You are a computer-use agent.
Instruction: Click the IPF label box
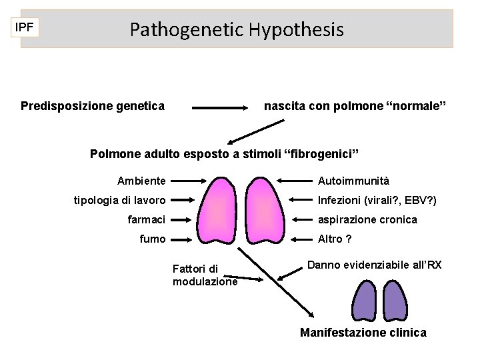pos(26,27)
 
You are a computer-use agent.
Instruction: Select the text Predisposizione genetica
pos(93,106)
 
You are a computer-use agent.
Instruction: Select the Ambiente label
pos(141,181)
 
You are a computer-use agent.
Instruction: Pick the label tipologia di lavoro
pos(120,200)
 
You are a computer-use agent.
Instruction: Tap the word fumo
pos(153,239)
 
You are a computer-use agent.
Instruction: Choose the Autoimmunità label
pos(353,181)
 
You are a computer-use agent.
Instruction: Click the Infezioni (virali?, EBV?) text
pos(377,200)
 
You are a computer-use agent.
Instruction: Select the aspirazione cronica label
pos(367,219)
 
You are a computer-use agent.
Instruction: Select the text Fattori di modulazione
pos(205,275)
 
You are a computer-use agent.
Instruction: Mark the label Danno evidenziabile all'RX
pos(374,265)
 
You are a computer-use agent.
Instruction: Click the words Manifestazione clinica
pos(363,332)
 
